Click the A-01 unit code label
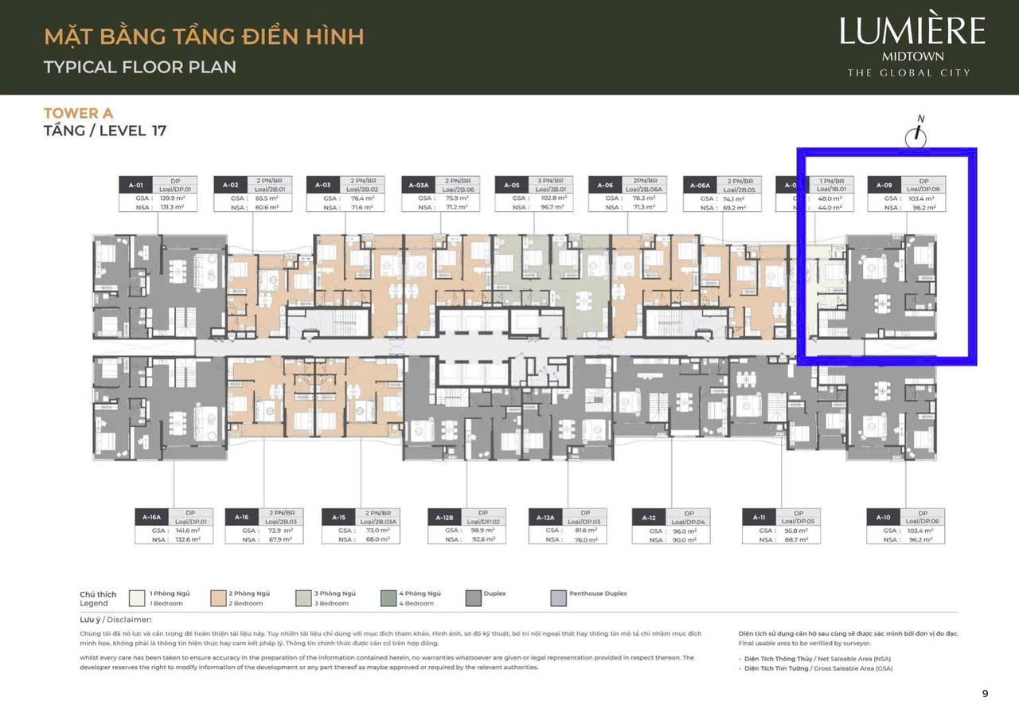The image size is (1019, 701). click(134, 184)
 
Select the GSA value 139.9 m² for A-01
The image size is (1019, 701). click(167, 198)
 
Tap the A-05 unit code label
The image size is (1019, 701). click(510, 184)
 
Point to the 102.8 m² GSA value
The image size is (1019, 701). click(551, 198)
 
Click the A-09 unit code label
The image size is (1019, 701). click(884, 184)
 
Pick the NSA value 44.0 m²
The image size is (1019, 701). click(830, 207)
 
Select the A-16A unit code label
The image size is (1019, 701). click(151, 517)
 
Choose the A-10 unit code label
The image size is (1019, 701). click(884, 517)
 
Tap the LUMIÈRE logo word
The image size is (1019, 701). click(912, 32)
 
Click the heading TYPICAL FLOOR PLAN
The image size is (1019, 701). click(140, 67)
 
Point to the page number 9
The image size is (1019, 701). click(985, 693)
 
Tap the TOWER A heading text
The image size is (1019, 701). click(78, 113)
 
